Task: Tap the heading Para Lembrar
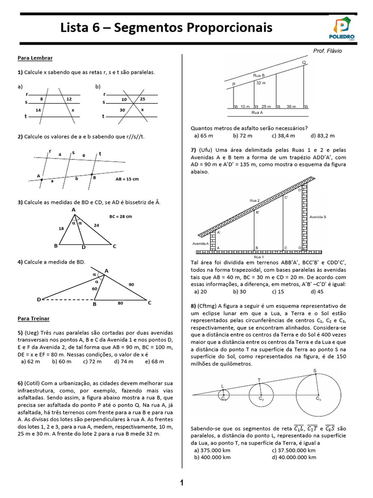tap(35, 58)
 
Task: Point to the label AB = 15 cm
tap(127, 179)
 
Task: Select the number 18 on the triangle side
tap(62, 228)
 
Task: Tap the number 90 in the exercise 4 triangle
tap(131, 284)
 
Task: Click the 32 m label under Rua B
tap(261, 83)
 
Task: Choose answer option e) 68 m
tap(154, 361)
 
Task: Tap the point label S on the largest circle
tap(314, 371)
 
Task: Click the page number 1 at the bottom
tap(182, 483)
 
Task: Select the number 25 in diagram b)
tap(142, 99)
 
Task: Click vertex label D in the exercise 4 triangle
tap(38, 299)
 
